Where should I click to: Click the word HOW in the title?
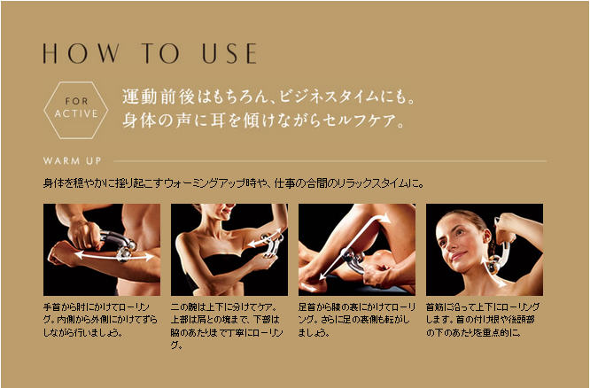tap(81, 53)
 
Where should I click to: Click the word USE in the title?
tap(229, 53)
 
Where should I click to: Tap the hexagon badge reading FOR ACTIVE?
tap(76, 110)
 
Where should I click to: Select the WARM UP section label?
tap(72, 161)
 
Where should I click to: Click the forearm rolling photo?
tap(102, 250)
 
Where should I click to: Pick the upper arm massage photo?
tap(229, 250)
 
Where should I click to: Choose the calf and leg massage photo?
tap(357, 250)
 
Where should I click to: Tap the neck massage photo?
tap(485, 250)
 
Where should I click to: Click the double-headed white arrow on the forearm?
tap(114, 256)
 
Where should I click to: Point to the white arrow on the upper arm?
tap(265, 237)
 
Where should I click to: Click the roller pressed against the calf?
tap(353, 260)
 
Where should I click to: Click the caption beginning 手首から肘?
tap(100, 320)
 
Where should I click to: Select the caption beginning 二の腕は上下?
tap(227, 326)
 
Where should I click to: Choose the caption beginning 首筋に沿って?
tap(483, 320)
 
